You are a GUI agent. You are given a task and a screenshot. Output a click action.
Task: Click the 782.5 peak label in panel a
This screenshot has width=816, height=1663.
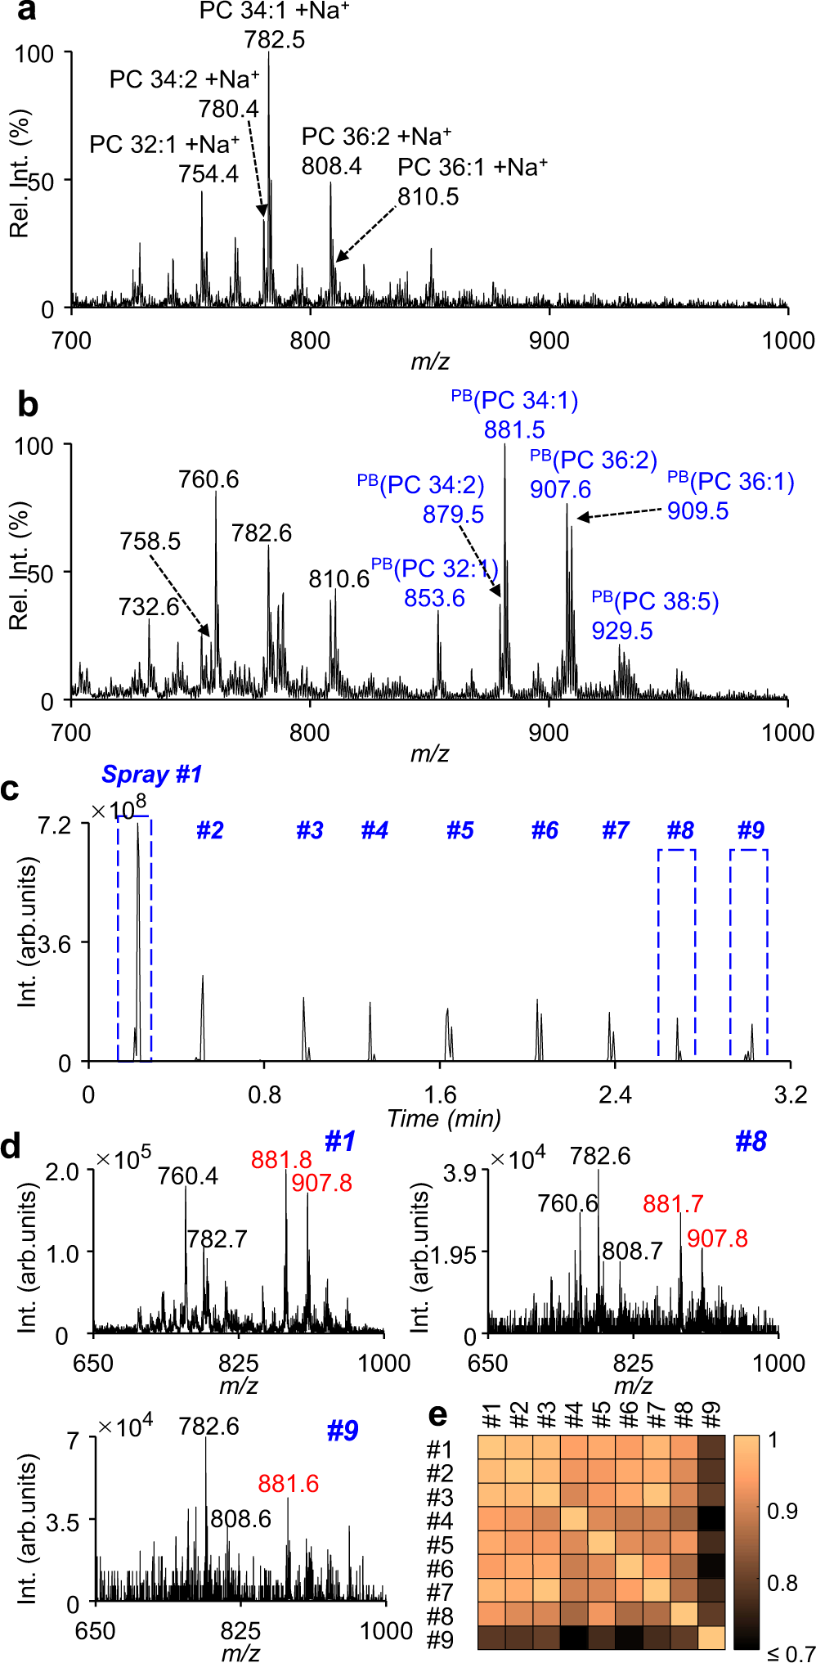274,39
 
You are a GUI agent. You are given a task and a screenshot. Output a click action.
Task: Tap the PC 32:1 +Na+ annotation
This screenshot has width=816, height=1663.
164,145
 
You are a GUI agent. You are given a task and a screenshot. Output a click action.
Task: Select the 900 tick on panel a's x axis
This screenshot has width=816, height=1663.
549,340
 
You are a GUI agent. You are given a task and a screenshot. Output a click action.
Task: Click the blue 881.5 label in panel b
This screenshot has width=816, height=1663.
514,429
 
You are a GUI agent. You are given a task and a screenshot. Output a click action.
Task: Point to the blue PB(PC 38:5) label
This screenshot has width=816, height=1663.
655,601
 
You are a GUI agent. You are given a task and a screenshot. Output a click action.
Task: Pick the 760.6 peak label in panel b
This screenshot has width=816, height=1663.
208,479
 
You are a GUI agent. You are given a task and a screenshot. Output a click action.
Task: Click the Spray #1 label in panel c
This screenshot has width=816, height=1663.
152,774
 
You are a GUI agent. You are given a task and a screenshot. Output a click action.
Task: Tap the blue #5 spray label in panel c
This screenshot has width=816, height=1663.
460,831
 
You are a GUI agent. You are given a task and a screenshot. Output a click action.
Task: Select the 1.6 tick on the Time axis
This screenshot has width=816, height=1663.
440,1094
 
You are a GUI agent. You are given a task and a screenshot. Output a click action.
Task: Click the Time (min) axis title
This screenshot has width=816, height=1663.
444,1118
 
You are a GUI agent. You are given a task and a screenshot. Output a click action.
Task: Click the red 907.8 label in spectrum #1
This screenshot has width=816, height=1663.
321,1183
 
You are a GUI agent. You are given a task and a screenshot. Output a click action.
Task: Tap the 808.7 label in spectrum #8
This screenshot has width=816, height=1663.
632,1251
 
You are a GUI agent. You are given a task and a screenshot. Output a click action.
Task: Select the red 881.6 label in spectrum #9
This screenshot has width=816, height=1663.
289,1483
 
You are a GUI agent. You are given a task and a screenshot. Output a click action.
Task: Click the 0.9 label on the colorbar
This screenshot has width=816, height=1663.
782,1511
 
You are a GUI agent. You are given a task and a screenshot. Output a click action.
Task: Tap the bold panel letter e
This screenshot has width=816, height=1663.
438,1416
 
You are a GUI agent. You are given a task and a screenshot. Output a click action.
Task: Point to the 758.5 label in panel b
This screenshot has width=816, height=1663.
150,542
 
